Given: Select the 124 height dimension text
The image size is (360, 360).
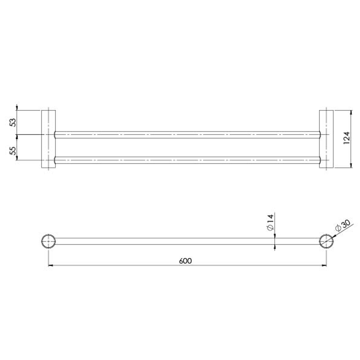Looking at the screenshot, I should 347,138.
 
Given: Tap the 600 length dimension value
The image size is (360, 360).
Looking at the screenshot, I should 185,261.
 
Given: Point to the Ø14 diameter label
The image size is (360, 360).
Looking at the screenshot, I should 270,223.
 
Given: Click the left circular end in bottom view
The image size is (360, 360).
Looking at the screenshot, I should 49,241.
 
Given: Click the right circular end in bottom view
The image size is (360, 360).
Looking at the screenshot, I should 326,241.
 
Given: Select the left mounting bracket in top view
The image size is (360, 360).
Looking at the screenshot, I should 48,139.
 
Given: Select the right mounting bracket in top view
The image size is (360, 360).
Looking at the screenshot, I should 326,139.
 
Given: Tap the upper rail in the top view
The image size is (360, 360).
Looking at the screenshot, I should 187,135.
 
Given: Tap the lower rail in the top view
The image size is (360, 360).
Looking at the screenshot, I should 187,160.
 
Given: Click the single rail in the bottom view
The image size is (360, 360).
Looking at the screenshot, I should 187,241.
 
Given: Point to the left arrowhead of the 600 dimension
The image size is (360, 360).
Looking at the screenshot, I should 51,265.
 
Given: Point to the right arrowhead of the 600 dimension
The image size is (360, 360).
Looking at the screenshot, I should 324,265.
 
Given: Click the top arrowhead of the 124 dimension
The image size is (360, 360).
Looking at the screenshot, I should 351,113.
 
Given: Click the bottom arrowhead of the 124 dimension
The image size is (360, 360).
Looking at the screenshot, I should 351,165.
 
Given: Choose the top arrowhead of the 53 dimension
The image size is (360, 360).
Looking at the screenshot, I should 17,107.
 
